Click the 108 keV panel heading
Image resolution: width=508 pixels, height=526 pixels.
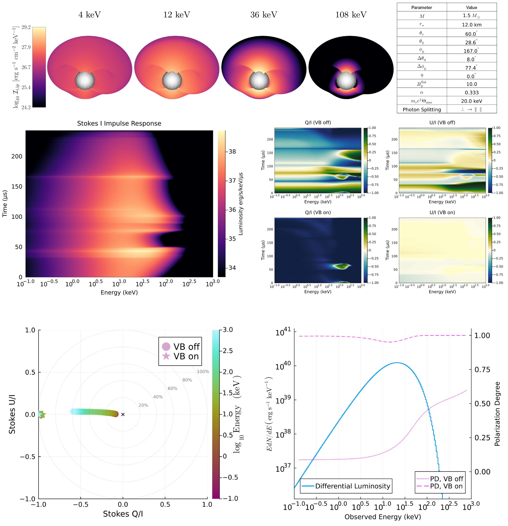tap(351, 14)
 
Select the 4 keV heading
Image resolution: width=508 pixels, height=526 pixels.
tap(90, 14)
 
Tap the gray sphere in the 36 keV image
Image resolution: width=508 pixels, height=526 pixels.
tap(259, 80)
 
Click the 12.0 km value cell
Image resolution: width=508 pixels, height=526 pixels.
tap(471, 25)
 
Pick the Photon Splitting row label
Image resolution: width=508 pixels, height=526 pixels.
tap(422, 109)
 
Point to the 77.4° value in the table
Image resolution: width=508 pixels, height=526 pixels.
tap(471, 67)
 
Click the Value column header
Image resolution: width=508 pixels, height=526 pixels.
tap(471, 8)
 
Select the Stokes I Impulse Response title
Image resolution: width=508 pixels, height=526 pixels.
tap(119, 123)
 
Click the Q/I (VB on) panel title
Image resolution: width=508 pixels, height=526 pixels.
tap(318, 212)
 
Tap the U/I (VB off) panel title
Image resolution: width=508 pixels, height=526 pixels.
tap(442, 122)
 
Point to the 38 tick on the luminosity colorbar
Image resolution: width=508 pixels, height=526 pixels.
tap(232, 152)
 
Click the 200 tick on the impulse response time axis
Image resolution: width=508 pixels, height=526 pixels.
tap(17, 156)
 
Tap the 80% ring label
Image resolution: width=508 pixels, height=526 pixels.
tap(187, 380)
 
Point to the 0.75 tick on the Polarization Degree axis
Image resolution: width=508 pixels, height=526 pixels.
tap(482, 370)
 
